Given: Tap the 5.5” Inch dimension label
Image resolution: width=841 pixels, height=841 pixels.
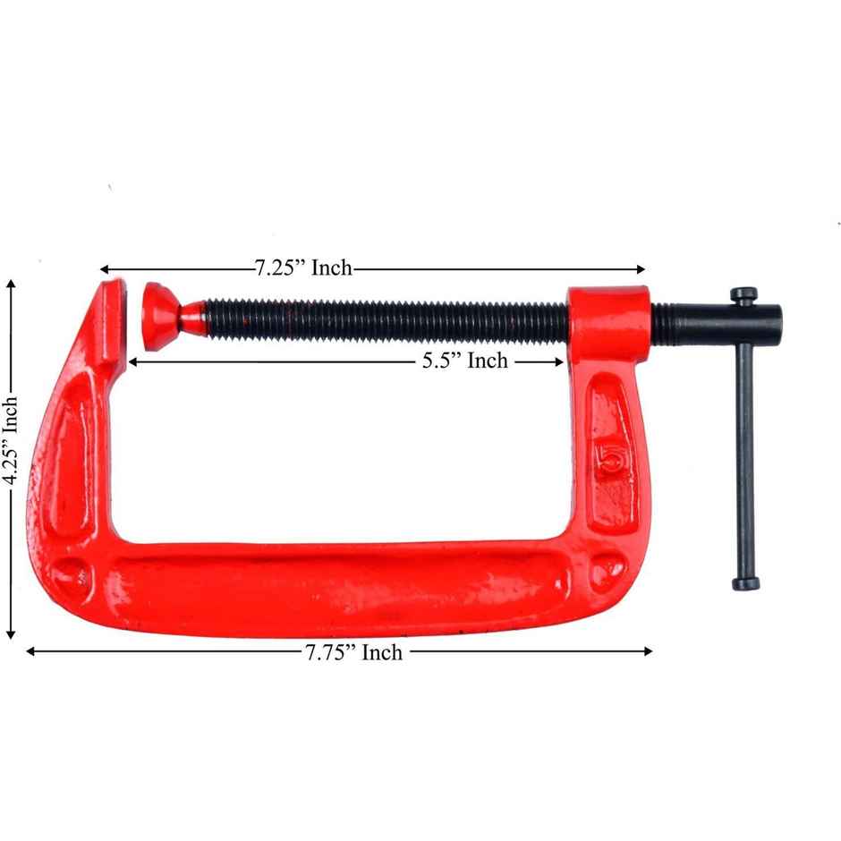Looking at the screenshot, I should [464, 361].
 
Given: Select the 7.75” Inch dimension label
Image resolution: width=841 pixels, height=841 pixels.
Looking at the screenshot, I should [353, 652].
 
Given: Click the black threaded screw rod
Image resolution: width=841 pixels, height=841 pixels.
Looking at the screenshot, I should [385, 319].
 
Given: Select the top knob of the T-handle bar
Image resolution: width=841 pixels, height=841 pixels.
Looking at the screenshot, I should [743, 293].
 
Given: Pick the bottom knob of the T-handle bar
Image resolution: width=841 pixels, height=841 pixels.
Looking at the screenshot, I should [745, 583].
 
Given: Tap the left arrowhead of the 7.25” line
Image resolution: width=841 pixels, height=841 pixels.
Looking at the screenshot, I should [104, 268].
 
